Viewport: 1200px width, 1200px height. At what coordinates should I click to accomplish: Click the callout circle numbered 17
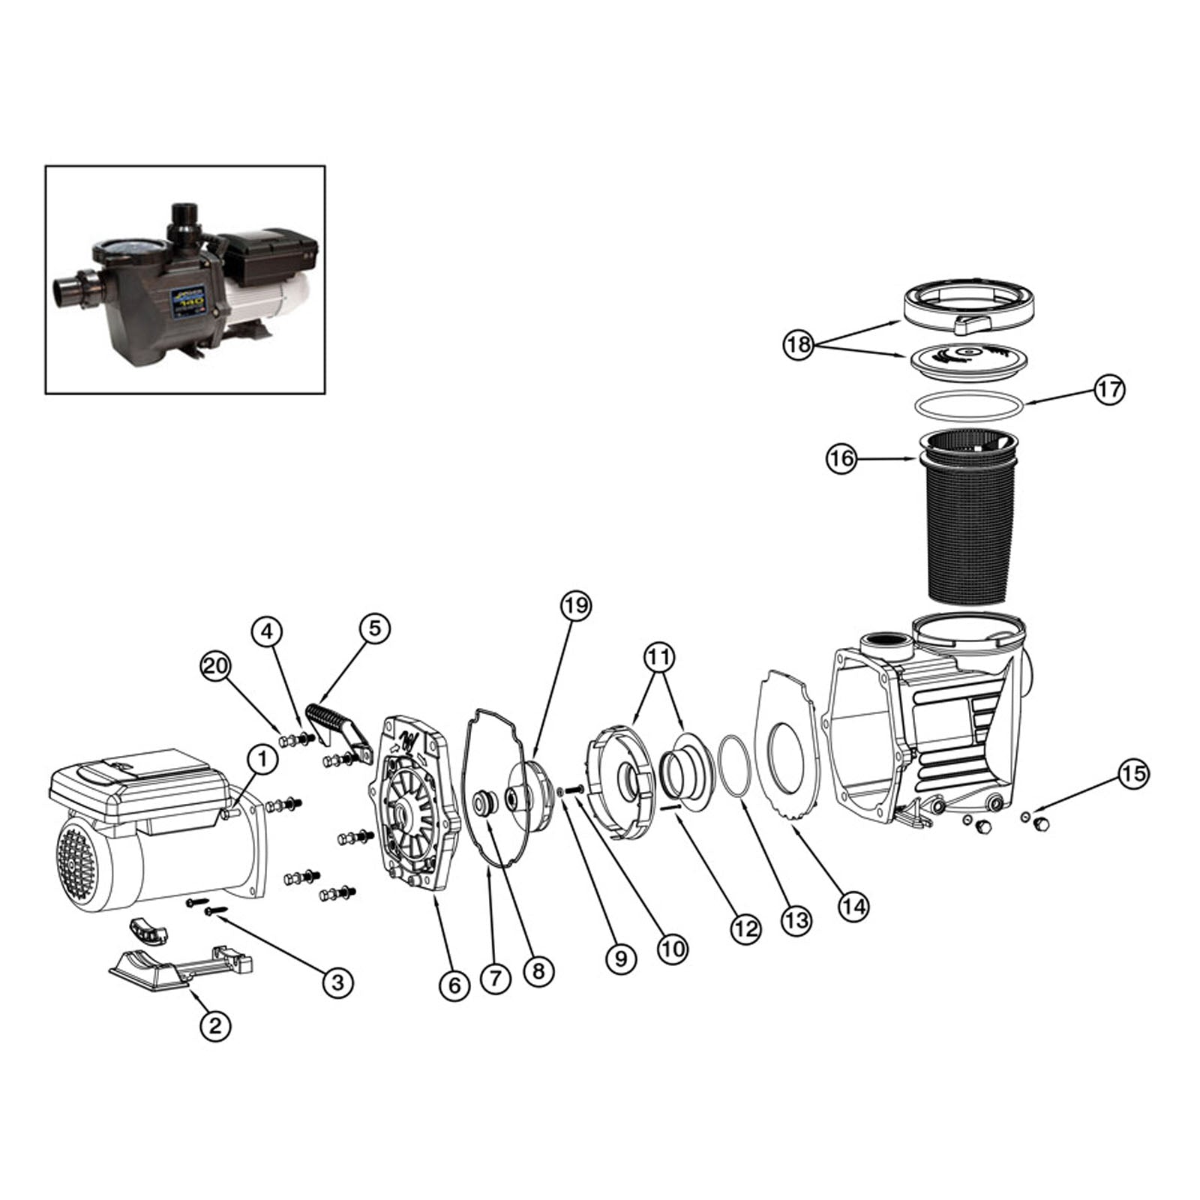[1109, 389]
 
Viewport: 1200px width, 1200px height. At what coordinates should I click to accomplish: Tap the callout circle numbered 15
[1133, 773]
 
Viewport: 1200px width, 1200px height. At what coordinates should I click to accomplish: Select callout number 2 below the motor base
[215, 1025]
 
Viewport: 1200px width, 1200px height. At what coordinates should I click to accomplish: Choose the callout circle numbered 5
[375, 628]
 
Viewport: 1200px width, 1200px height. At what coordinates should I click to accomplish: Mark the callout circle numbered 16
[841, 458]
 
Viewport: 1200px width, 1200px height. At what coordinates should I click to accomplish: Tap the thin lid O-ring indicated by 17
[969, 405]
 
